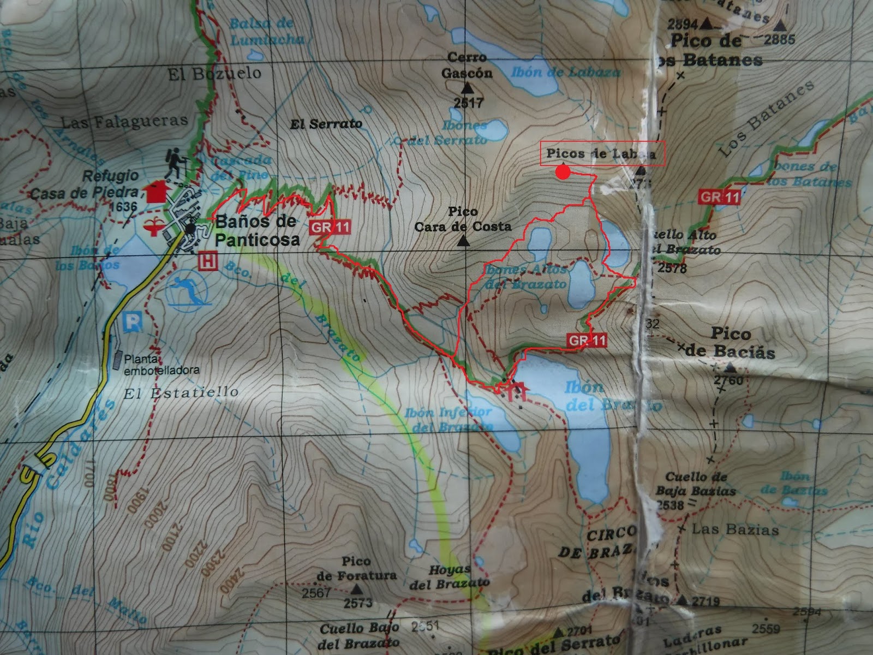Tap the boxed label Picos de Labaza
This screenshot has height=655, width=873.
click(x=603, y=153)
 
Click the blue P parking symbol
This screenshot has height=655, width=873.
click(x=133, y=321)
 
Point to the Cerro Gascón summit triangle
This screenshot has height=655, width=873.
click(x=468, y=88)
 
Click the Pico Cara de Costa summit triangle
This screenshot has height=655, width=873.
click(x=463, y=241)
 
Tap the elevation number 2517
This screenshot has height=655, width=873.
click(x=468, y=102)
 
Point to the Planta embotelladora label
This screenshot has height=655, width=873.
click(x=162, y=365)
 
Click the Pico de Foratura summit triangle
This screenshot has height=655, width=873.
click(x=357, y=589)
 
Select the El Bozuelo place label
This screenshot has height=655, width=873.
click(x=214, y=74)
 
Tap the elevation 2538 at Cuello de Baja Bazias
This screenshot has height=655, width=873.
click(x=670, y=505)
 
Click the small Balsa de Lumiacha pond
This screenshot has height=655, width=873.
click(x=255, y=55)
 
